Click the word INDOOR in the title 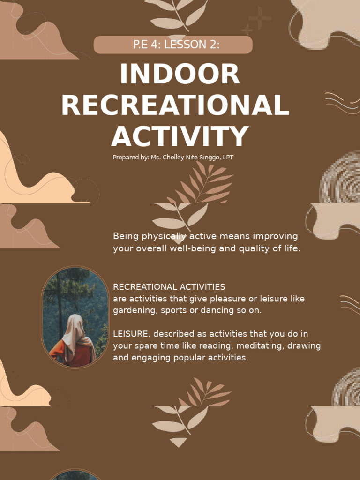click(180, 75)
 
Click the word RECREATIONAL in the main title click(175, 105)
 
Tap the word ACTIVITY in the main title click(180, 136)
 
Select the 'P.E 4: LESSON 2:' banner click(173, 45)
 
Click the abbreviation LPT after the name click(227, 157)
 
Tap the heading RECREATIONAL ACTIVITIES click(169, 286)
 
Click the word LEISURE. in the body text click(132, 334)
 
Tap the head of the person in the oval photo click(75, 323)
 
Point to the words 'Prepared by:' click(130, 157)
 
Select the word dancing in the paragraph click(222, 310)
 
